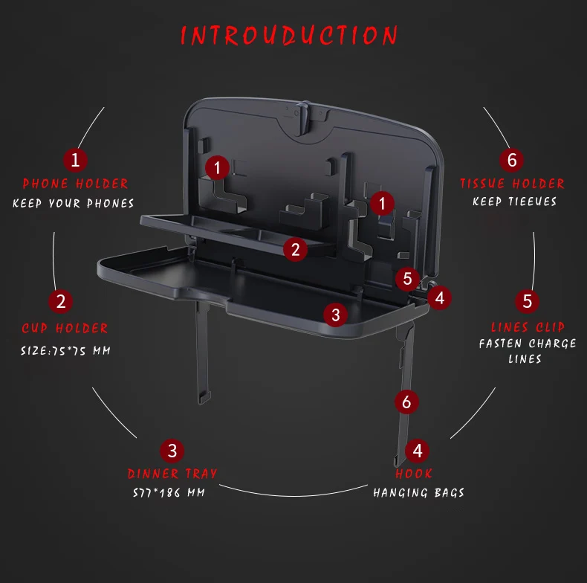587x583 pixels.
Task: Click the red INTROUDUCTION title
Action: (x=288, y=36)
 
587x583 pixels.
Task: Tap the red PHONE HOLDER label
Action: (x=75, y=184)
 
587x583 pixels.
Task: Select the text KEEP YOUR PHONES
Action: (x=74, y=203)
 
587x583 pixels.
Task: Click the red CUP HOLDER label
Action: (x=65, y=328)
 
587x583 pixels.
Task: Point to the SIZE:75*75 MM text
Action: (x=65, y=351)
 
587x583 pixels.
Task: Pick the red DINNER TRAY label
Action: (x=172, y=474)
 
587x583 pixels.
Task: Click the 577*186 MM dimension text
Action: (x=169, y=492)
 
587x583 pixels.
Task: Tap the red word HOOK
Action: (x=414, y=474)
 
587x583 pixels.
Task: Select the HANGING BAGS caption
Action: (x=418, y=492)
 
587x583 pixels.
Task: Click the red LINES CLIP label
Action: (x=528, y=327)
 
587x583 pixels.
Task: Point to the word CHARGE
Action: (x=552, y=344)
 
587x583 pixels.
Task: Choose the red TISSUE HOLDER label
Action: (x=512, y=183)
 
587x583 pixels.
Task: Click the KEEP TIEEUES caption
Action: (x=514, y=202)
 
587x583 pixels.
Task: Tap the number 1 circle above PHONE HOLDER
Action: (x=75, y=160)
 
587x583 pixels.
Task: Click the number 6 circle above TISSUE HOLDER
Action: (x=512, y=160)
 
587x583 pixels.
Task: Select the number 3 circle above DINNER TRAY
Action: (x=172, y=451)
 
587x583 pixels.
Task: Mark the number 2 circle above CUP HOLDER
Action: (x=61, y=301)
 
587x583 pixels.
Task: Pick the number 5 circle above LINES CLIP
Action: (x=527, y=301)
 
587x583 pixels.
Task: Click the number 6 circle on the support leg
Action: (x=406, y=402)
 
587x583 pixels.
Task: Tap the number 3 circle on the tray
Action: (x=335, y=315)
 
